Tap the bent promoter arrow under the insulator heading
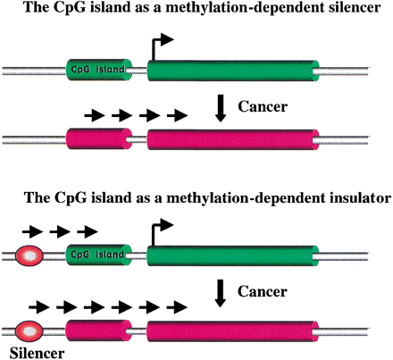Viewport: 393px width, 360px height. pos(160,236)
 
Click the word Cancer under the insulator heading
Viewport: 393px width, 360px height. pos(265,291)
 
